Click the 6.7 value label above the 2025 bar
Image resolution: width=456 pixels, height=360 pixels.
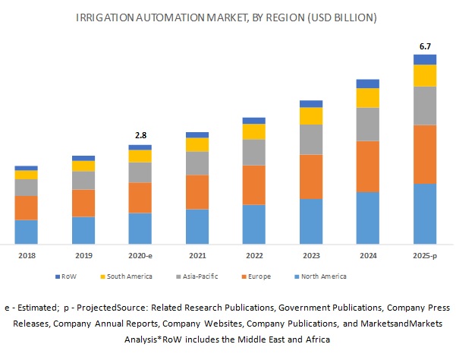pos(425,46)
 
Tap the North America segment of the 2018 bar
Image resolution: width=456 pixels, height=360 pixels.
pos(26,231)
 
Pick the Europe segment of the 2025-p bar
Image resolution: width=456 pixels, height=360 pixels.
pos(425,154)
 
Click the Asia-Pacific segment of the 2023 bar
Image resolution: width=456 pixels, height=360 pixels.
pos(311,139)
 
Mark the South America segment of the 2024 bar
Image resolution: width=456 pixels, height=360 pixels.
pos(368,98)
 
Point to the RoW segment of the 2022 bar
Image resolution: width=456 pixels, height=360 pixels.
pos(254,120)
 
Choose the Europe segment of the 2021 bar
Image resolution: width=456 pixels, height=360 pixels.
pos(197,191)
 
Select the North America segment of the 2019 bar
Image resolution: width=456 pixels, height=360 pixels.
pos(83,229)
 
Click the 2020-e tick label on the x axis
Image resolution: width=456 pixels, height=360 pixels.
pos(140,257)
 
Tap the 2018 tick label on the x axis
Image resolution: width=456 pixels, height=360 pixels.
pos(26,257)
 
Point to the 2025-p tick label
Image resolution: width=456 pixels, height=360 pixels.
pos(425,257)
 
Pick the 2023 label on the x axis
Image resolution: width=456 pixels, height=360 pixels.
pos(311,257)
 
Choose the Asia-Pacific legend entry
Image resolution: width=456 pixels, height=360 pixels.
pos(198,276)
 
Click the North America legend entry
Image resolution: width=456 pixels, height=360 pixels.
pos(322,276)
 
